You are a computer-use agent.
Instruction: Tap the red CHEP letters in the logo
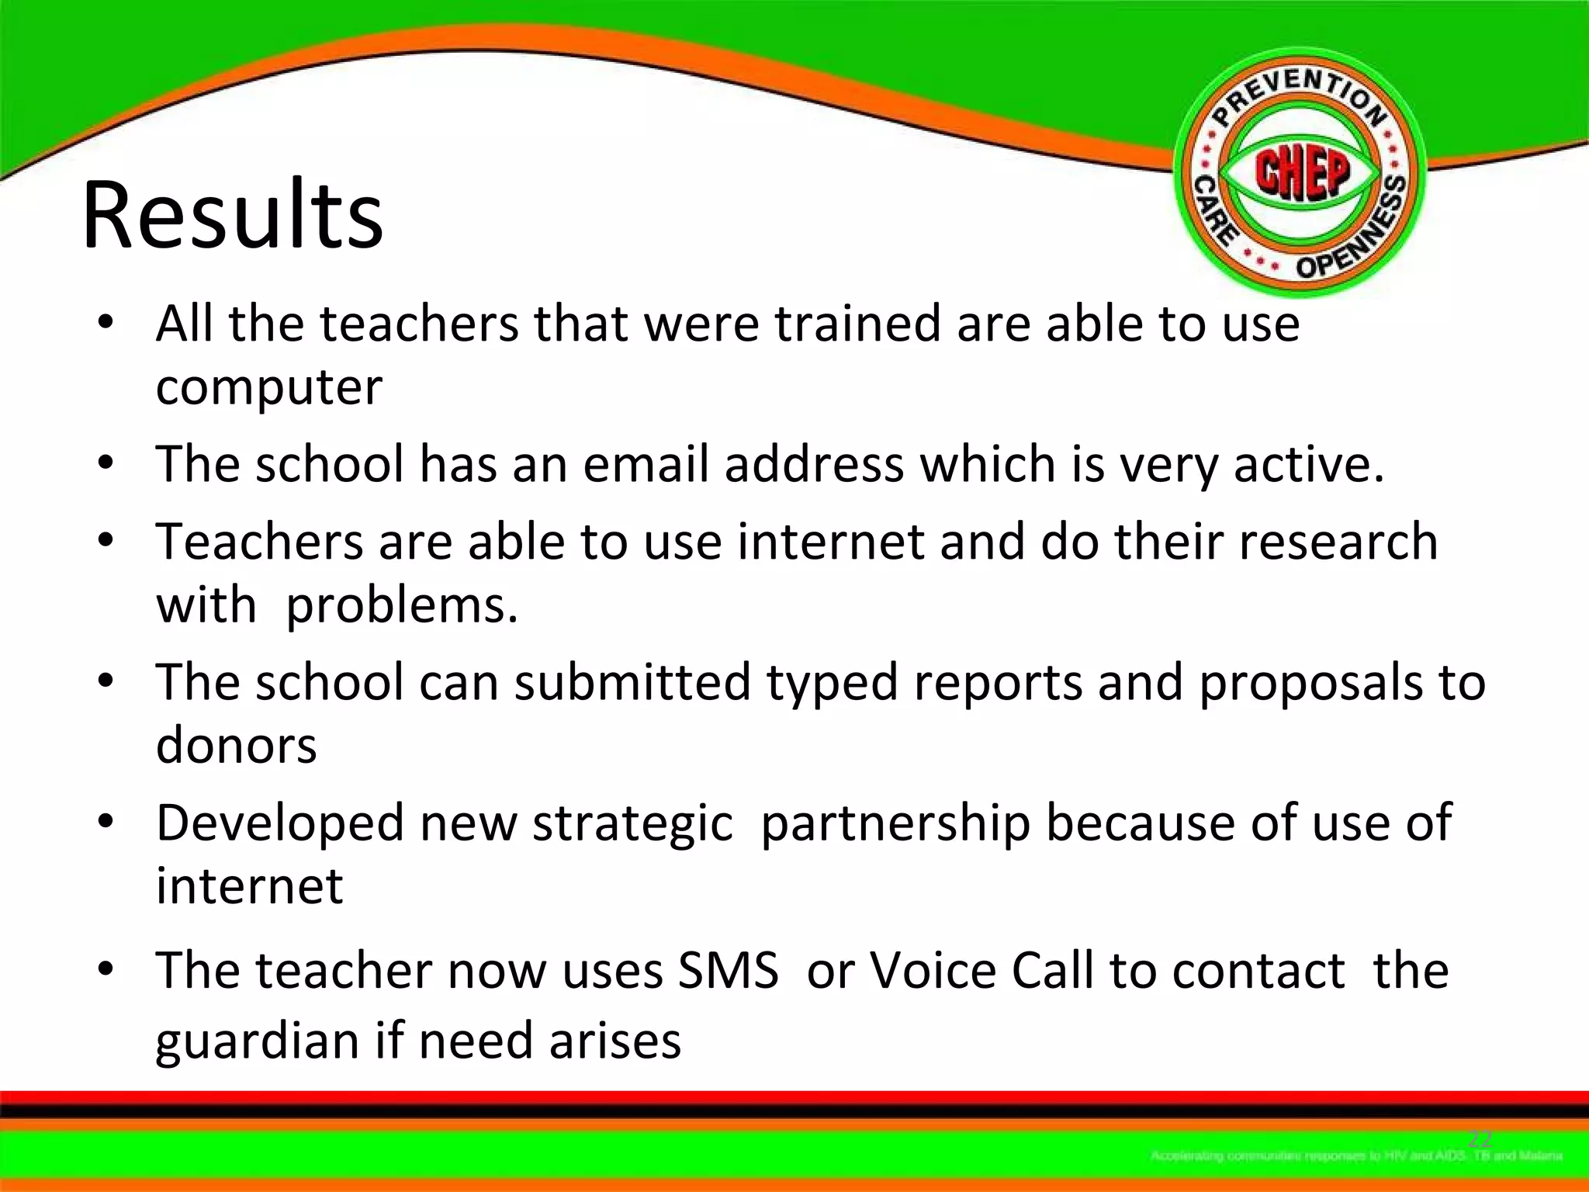click(1303, 173)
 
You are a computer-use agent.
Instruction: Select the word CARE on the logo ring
click(1213, 210)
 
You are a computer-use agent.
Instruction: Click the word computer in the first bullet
click(268, 386)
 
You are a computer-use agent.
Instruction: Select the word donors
click(236, 745)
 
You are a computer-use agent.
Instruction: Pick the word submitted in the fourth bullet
click(632, 682)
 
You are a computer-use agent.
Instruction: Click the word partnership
click(895, 823)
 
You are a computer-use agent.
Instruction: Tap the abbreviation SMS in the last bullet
click(727, 970)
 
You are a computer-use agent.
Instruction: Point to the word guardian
click(256, 1041)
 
